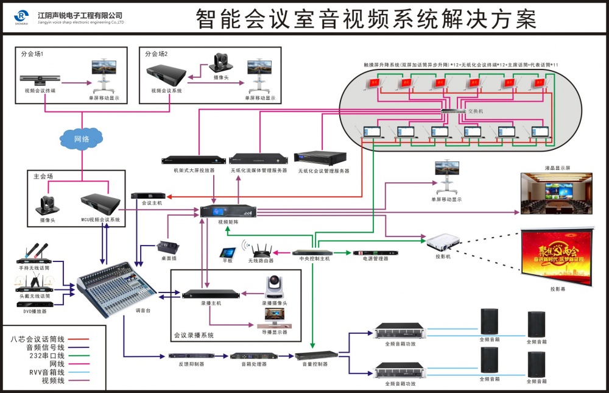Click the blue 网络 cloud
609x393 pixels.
click(82, 139)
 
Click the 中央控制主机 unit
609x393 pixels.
click(311, 252)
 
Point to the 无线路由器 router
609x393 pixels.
click(261, 247)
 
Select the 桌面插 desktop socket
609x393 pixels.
click(167, 247)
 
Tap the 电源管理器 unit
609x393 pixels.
click(370, 252)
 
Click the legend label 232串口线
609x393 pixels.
click(46, 355)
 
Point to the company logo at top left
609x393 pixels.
click(22, 16)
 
